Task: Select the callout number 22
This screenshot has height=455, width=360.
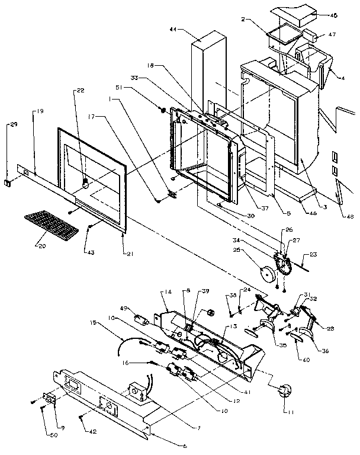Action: click(x=80, y=90)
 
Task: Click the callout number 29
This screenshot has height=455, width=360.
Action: click(x=14, y=125)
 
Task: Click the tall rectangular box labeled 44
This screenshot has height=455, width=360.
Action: click(x=207, y=71)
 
